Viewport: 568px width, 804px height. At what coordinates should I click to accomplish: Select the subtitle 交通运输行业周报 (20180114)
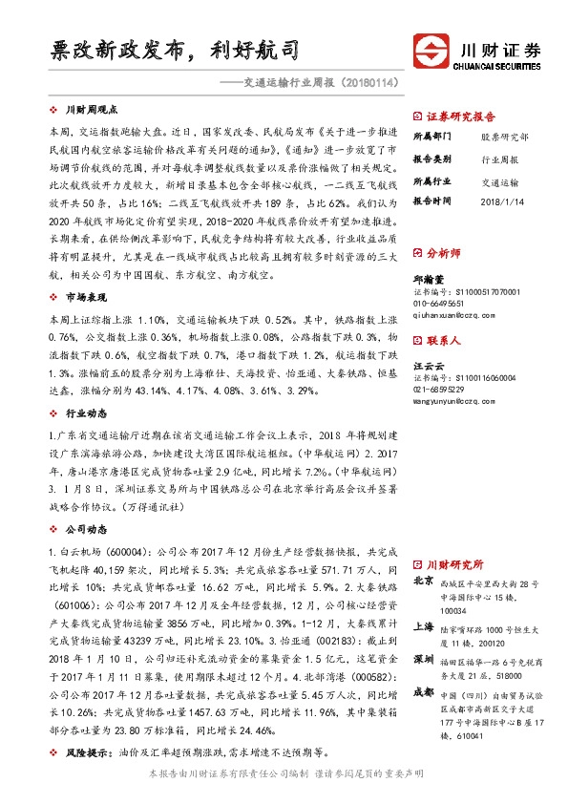[x=316, y=84]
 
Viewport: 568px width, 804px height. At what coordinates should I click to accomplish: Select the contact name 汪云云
[x=428, y=367]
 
